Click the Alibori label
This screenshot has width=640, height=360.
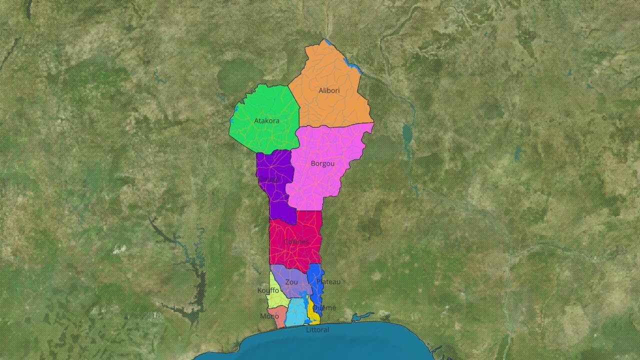[329, 90]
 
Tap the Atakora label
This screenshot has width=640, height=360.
[266, 121]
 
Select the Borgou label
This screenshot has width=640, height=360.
[322, 163]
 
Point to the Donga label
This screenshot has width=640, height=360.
[268, 179]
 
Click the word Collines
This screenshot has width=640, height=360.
[296, 242]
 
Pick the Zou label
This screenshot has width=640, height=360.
[291, 282]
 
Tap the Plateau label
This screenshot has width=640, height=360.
[328, 282]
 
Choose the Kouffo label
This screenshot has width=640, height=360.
[268, 290]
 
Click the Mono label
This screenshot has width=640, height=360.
[269, 316]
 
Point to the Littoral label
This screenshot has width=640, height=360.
[317, 330]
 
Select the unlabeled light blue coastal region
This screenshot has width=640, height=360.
[297, 312]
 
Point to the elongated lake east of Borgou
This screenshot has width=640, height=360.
[407, 134]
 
